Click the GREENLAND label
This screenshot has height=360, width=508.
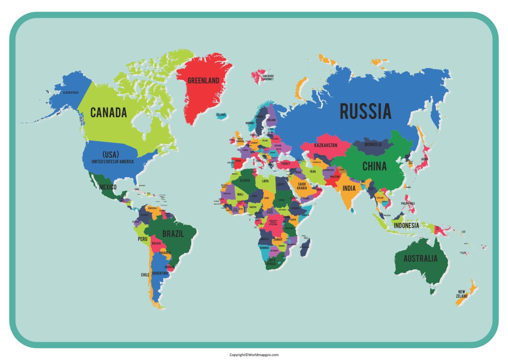[203, 80]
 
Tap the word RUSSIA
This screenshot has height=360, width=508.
[365, 112]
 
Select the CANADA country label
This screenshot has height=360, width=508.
[108, 112]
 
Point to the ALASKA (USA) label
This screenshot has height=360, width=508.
[71, 92]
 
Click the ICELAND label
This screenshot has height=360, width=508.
[221, 115]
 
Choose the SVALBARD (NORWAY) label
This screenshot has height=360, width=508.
[268, 77]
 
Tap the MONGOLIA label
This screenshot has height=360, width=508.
[373, 144]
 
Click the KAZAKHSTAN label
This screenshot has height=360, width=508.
[325, 145]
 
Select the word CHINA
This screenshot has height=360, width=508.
[374, 166]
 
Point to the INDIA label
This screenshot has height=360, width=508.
[349, 188]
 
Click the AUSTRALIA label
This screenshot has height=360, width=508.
[420, 258]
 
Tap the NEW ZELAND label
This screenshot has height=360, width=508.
[461, 294]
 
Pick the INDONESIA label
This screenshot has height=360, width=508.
[406, 226]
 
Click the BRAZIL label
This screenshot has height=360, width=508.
[173, 234]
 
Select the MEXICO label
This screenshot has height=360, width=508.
[107, 187]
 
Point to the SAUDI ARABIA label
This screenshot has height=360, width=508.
[302, 186]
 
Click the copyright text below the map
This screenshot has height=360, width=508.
[254, 355]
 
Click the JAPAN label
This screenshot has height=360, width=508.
[424, 159]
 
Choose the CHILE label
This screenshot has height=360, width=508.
[145, 275]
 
